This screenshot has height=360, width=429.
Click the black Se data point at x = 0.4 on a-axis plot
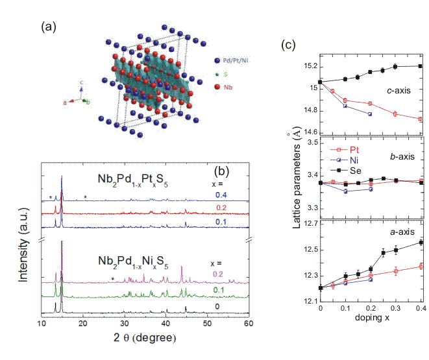421,243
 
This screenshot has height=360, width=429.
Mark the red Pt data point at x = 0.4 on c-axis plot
421,119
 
